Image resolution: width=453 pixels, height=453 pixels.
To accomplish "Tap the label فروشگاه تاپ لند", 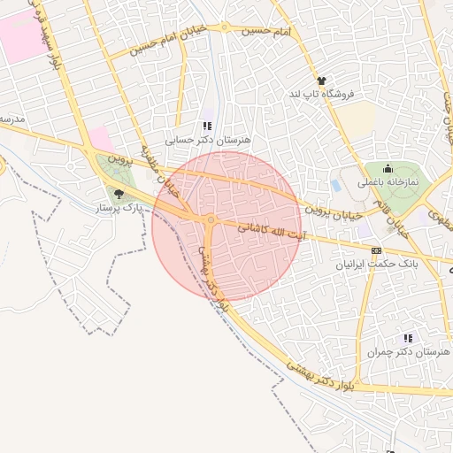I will click(321, 93).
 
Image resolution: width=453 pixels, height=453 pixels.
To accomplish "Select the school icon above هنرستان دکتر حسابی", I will click(208, 127).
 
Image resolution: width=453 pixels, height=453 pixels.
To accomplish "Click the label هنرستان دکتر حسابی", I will click(209, 140).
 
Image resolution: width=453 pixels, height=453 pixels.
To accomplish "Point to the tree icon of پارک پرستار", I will click(119, 194).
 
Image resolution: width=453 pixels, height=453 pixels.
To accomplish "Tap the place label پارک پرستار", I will click(119, 207).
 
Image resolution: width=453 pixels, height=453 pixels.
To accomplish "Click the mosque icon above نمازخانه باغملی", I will click(388, 169).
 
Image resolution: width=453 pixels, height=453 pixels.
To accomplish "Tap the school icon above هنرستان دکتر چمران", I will click(407, 338).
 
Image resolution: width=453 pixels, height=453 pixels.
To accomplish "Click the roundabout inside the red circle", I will click(211, 219).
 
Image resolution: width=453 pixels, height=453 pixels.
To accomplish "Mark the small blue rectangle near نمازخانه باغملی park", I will click(335, 186).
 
